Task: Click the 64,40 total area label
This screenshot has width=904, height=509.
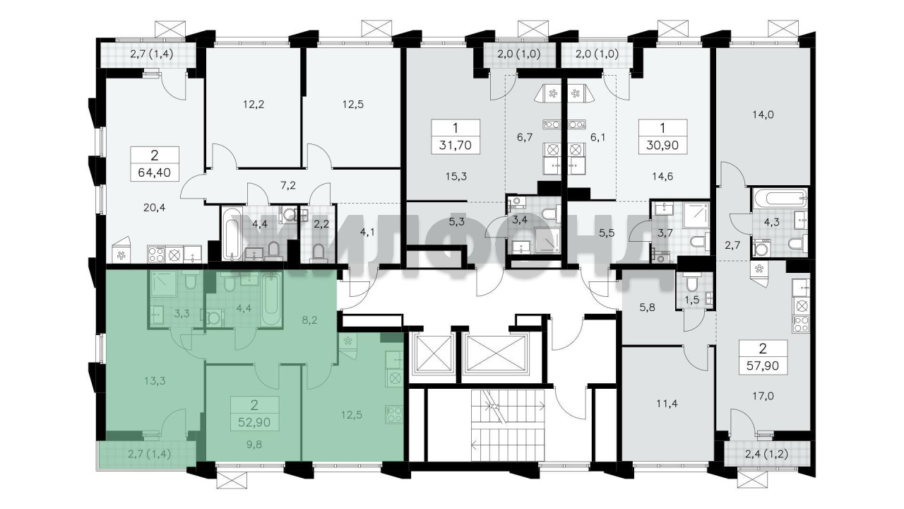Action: coord(154,173)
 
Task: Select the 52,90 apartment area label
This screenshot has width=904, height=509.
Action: coord(254,423)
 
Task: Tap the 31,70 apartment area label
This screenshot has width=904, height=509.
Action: coord(456,145)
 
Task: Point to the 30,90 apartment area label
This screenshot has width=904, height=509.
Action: coord(662,145)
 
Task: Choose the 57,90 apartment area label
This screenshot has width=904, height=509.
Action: coord(763,366)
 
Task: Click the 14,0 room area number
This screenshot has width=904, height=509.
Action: coord(763,115)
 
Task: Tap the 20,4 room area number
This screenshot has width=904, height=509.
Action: coord(154,208)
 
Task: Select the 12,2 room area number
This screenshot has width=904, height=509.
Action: coord(254,105)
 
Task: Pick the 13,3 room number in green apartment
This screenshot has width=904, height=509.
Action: coord(155,380)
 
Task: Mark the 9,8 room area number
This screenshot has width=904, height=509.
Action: coord(254,445)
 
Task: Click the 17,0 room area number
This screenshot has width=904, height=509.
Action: coord(763,397)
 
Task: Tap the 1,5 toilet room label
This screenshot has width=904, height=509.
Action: coord(692,300)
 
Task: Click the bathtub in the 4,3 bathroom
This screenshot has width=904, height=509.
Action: coord(780,199)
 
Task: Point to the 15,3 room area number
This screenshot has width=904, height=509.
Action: coord(456,177)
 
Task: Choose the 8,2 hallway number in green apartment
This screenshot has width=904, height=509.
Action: coord(309,321)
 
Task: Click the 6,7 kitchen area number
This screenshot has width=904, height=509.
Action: coord(525,137)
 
